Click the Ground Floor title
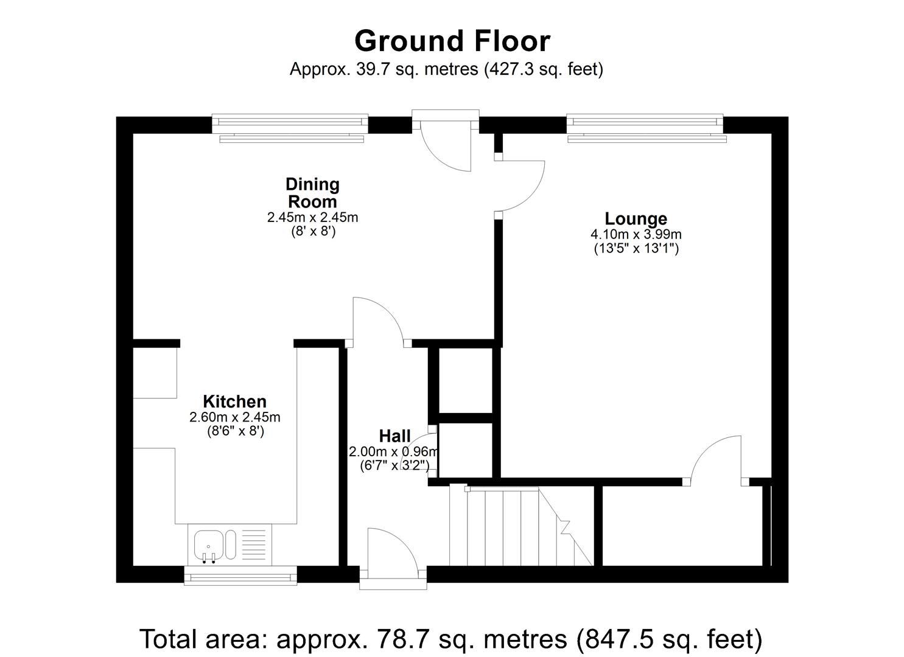click(452, 41)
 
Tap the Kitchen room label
click(234, 401)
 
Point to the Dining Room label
click(312, 192)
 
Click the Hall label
click(394, 436)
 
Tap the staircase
click(517, 526)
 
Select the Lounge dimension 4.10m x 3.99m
click(636, 234)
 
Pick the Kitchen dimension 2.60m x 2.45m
click(234, 417)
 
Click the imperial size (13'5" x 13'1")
click(636, 248)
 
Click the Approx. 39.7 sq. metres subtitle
click(446, 69)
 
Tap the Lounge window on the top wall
click(645, 128)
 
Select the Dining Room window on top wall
click(290, 128)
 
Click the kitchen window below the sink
click(240, 575)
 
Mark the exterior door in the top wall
click(446, 143)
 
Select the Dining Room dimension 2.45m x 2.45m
click(312, 217)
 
